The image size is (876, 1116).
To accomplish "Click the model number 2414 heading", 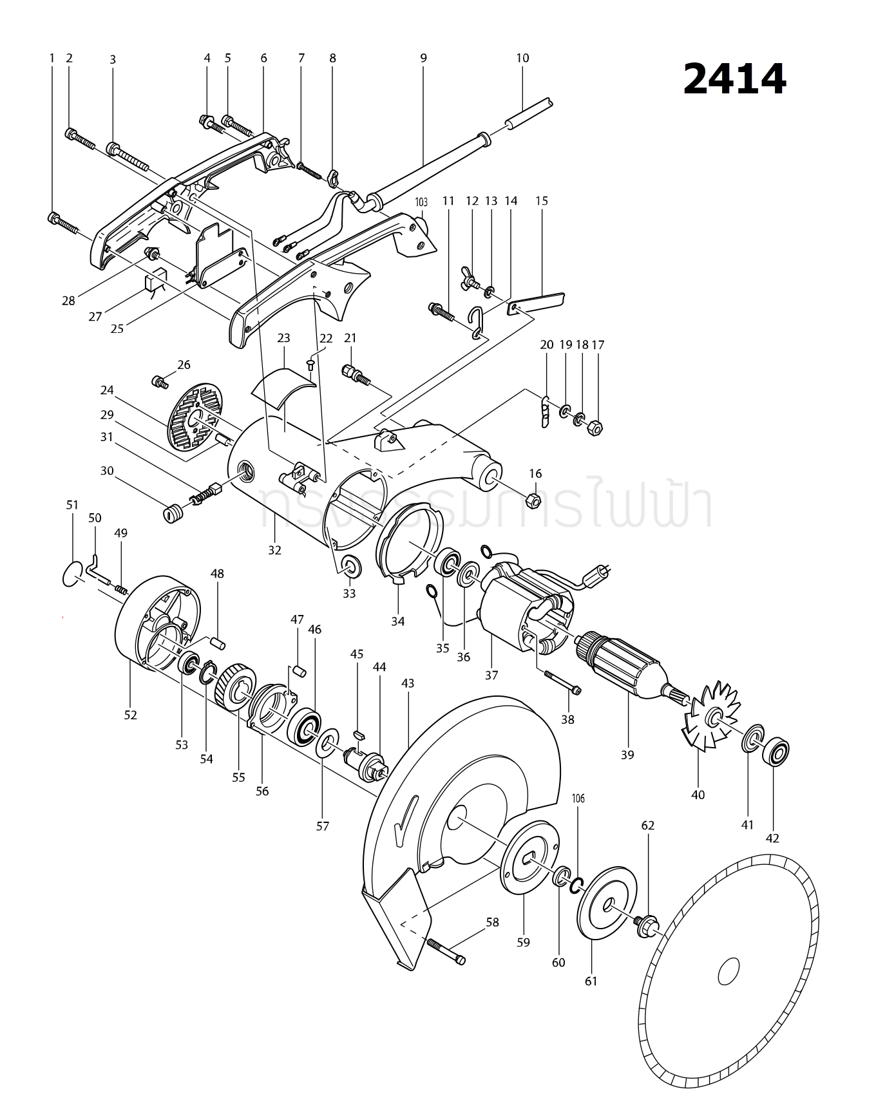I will (x=734, y=80).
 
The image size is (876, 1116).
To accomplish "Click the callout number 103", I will (x=421, y=202).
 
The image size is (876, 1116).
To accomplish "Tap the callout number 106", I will (x=578, y=799).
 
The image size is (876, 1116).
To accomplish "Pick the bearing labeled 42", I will (x=776, y=752).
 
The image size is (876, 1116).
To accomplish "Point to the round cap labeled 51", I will (x=73, y=574).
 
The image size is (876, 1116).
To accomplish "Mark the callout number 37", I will (x=491, y=675).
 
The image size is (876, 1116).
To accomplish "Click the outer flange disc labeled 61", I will (x=606, y=904).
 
